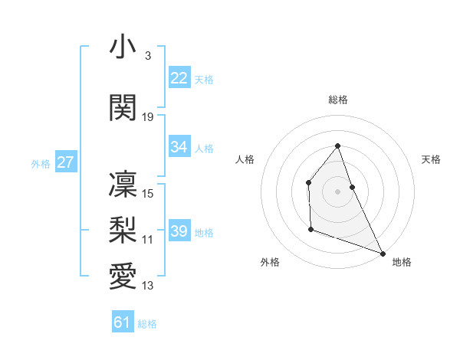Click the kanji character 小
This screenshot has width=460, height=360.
click(x=123, y=47)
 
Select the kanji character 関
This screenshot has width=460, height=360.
click(x=123, y=108)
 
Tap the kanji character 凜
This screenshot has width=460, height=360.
click(x=123, y=184)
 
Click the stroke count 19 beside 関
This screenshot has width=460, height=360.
click(x=148, y=117)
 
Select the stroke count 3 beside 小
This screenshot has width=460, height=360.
click(x=147, y=57)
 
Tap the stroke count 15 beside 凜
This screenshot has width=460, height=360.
click(x=148, y=194)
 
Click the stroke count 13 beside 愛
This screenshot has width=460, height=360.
click(x=148, y=286)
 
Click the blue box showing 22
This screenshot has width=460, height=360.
click(x=179, y=78)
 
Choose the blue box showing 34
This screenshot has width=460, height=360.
click(x=179, y=147)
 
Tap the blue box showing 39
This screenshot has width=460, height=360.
click(x=179, y=231)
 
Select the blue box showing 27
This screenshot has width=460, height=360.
click(x=66, y=162)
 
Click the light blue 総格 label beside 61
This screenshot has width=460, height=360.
click(x=147, y=324)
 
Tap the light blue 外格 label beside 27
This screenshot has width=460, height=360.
click(x=41, y=163)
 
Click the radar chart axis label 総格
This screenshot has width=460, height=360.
click(x=338, y=100)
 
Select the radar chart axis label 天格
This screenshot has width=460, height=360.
click(x=432, y=159)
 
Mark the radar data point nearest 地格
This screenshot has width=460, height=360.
click(x=383, y=253)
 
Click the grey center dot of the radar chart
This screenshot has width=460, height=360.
click(x=338, y=191)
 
